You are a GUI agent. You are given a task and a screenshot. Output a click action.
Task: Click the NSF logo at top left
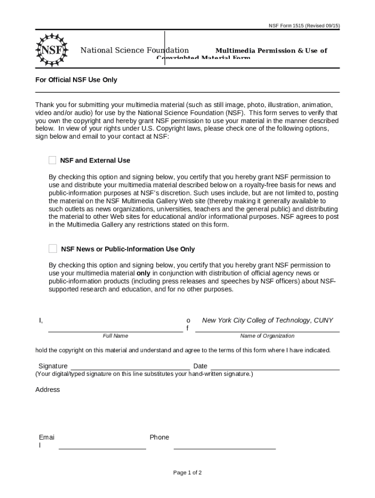(51, 50)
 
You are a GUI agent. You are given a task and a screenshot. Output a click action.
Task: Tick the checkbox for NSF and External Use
(53, 160)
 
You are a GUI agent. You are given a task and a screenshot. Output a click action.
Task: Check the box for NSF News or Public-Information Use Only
(53, 249)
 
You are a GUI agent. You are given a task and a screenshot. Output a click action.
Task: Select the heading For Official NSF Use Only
(76, 80)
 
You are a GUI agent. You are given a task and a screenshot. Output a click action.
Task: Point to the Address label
(48, 390)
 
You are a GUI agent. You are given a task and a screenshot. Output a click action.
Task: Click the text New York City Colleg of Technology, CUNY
(267, 320)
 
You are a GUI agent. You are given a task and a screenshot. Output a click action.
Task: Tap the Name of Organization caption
(267, 336)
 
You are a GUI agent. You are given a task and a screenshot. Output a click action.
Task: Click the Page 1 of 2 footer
(187, 473)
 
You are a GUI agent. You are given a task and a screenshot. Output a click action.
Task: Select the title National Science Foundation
(134, 51)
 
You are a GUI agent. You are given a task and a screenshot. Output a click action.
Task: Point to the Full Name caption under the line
(115, 336)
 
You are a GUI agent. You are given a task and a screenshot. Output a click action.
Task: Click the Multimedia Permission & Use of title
(271, 51)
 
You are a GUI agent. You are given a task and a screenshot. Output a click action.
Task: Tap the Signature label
(53, 366)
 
